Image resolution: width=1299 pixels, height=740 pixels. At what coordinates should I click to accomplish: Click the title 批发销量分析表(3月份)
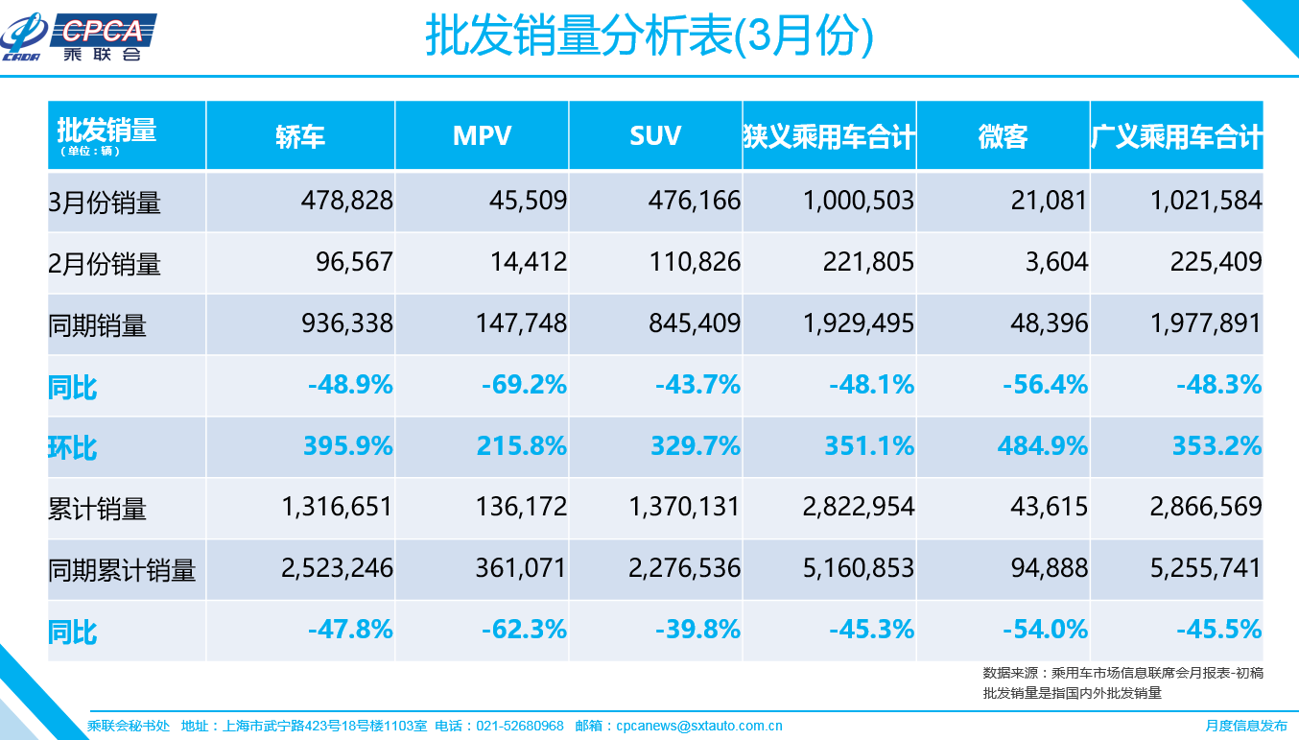tap(649, 37)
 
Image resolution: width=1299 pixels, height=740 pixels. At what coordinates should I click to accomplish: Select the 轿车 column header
tap(300, 136)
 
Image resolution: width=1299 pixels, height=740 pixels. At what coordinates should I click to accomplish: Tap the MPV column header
tap(482, 136)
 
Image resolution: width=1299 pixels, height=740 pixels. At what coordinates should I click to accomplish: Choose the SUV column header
tap(655, 136)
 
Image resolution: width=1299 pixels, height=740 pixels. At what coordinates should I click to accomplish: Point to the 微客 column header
tap(1003, 136)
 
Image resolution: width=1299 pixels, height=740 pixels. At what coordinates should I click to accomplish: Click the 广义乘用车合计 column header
tap(1176, 136)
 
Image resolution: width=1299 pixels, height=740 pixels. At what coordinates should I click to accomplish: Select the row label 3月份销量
tap(105, 203)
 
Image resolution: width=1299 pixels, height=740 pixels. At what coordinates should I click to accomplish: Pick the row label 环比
tap(73, 447)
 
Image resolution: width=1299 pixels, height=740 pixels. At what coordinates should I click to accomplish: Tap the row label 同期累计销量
tap(122, 570)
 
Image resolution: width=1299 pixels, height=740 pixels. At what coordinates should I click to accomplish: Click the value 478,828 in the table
tap(346, 201)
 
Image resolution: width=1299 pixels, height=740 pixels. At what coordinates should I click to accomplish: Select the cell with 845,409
tap(695, 323)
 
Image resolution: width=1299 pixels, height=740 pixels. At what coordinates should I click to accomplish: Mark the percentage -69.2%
tap(524, 385)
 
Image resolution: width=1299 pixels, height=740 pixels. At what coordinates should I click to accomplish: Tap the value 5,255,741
tap(1205, 568)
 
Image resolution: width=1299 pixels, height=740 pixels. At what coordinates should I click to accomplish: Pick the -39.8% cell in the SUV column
tap(697, 630)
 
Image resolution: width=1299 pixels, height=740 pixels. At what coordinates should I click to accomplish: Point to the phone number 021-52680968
tap(520, 727)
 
